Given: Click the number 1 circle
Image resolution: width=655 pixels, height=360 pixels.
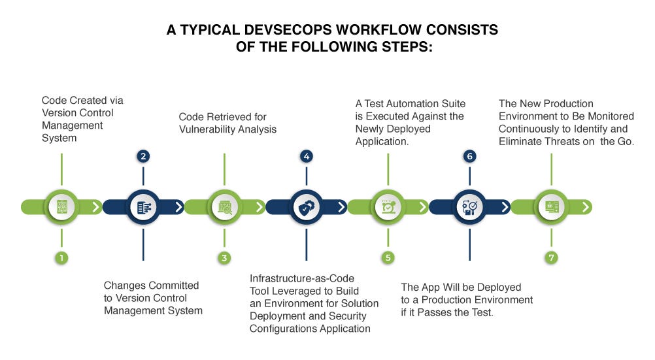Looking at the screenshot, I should coord(61,257).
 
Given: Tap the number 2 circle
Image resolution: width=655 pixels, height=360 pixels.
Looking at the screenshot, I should coord(143,156).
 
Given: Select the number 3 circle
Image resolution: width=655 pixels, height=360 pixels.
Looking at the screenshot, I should coord(224,257).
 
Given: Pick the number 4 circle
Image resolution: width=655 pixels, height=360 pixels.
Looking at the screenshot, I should coord(306,156).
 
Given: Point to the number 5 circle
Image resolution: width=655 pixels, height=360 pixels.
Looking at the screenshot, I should coord(388,257).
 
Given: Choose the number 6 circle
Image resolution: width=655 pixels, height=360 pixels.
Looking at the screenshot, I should coord(469,156).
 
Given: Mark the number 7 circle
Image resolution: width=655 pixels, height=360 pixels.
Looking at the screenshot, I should coord(552,257).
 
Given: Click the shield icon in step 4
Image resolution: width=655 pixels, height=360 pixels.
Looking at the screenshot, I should coord(306,207).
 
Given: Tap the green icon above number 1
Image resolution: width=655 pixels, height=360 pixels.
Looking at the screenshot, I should coord(61,207).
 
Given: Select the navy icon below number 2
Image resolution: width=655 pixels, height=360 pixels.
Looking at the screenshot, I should coord(143,207).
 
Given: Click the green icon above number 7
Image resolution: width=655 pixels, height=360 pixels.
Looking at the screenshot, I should coord(552,207).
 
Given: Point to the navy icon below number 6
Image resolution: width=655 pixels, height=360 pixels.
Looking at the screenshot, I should coord(469,207).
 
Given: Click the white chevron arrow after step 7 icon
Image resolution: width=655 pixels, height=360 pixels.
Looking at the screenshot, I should coord(586,207).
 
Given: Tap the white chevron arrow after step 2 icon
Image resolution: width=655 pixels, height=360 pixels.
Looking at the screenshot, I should coord(178,207).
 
